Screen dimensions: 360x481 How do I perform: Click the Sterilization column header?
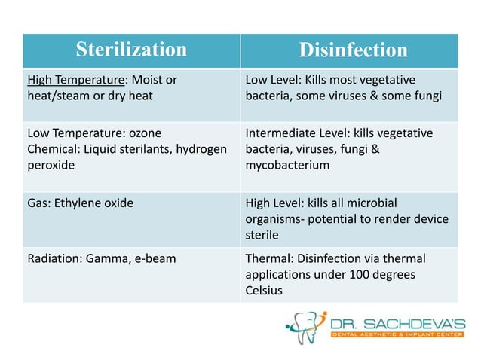(x=131, y=50)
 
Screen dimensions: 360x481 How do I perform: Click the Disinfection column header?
(x=353, y=50)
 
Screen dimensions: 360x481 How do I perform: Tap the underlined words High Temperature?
(x=71, y=80)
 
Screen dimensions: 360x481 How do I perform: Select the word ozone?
(x=146, y=133)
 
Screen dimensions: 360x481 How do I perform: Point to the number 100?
(x=360, y=274)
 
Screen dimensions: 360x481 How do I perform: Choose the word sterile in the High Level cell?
(x=262, y=234)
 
